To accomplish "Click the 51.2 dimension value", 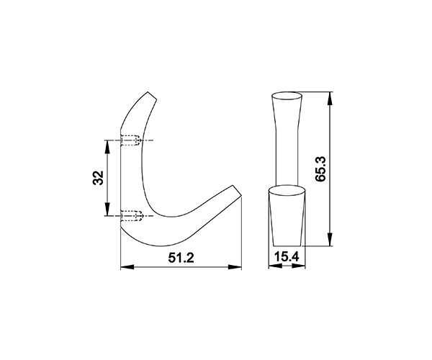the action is pyautogui.click(x=181, y=258).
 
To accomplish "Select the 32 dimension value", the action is pyautogui.click(x=98, y=178).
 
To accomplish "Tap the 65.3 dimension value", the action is pyautogui.click(x=320, y=169).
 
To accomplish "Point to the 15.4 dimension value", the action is pyautogui.click(x=287, y=257).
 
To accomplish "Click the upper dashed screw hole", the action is pyautogui.click(x=131, y=140).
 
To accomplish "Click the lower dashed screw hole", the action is pyautogui.click(x=132, y=216).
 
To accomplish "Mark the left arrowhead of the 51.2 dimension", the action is pyautogui.click(x=127, y=267).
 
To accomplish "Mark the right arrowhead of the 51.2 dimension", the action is pyautogui.click(x=235, y=267).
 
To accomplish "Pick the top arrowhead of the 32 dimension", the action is pyautogui.click(x=107, y=147).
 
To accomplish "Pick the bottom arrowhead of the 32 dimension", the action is pyautogui.click(x=107, y=209).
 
